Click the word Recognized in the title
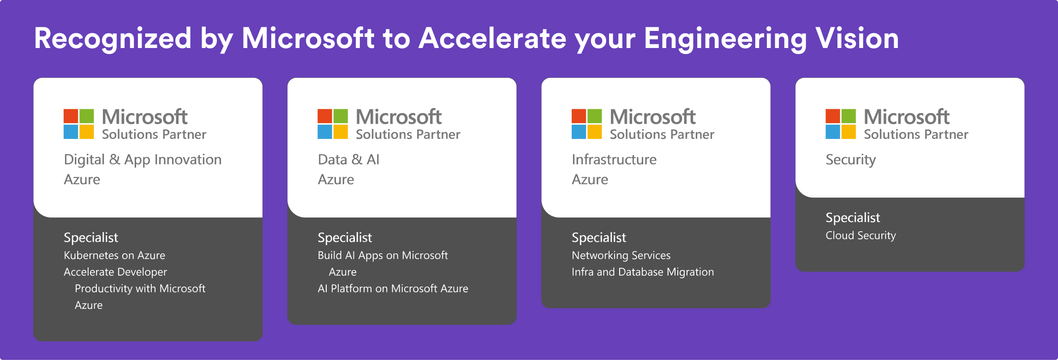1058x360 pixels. pos(113,39)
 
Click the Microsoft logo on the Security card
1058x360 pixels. pos(840,124)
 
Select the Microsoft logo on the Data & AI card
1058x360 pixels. pos(332,124)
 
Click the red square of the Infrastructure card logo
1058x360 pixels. pos(579,116)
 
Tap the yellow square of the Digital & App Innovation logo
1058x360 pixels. pos(87,132)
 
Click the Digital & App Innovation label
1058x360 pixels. pos(143,160)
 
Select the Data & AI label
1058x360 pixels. pos(348,160)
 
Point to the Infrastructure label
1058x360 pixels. pos(614,160)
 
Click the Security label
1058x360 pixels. pos(850,160)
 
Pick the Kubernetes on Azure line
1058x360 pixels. pos(114,255)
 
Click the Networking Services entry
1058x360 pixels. pos(621,255)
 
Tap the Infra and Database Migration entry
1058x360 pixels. pos(642,272)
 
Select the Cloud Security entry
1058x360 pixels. pos(861,235)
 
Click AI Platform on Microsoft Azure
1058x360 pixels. pos(393,288)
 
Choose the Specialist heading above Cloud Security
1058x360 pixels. pos(852,217)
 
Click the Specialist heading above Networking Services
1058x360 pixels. pos(598,237)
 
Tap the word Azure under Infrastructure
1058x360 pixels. pos(590,180)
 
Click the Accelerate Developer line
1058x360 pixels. pos(115,272)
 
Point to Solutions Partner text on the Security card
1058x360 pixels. pos(916,134)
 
